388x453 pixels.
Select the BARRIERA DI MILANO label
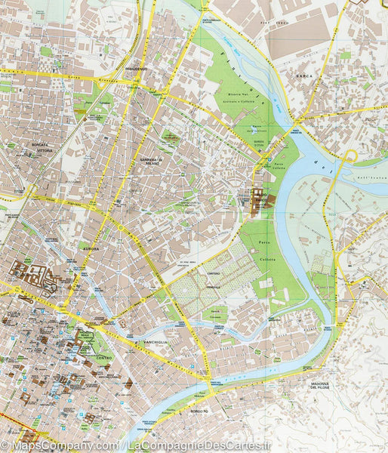pyautogui.click(x=151, y=162)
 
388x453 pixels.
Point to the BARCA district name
pyautogui.click(x=305, y=75)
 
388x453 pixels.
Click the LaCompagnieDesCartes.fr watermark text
pyautogui.click(x=204, y=446)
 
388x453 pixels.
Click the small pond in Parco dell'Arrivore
pyautogui.click(x=171, y=138)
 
